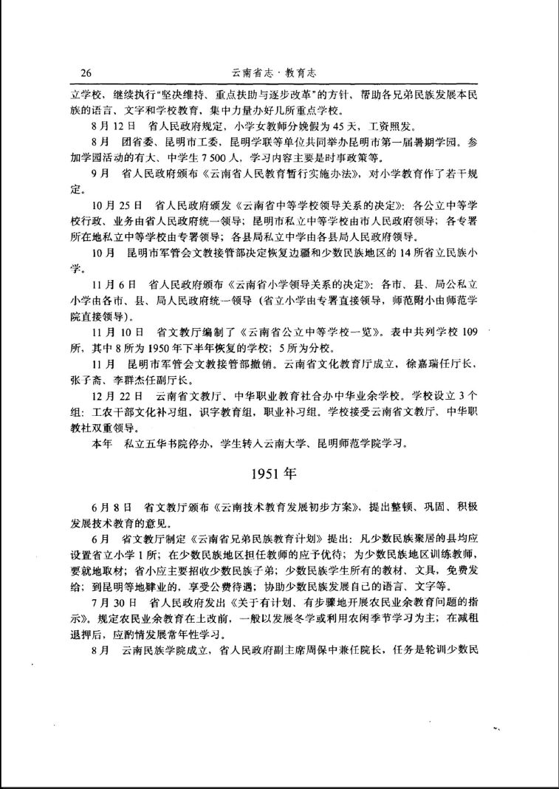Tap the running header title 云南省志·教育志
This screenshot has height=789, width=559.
click(x=278, y=73)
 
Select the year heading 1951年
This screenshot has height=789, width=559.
click(x=278, y=474)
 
